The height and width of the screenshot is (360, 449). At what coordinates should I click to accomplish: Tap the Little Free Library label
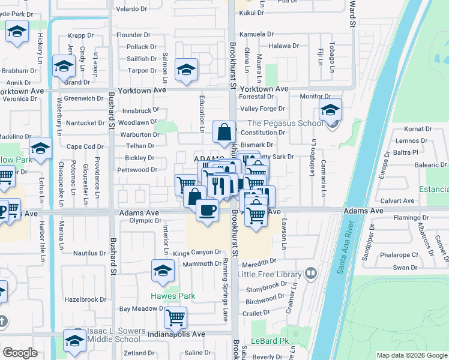(x=269, y=274)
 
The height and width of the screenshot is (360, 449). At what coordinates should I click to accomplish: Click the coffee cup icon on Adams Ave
(x=208, y=211)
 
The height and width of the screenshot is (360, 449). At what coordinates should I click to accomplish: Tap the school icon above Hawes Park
(x=163, y=271)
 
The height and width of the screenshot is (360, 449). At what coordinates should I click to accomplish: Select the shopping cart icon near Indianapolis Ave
(x=175, y=317)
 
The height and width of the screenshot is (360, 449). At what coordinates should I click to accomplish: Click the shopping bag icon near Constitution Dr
(x=224, y=131)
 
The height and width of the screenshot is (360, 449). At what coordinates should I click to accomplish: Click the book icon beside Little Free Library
(x=310, y=274)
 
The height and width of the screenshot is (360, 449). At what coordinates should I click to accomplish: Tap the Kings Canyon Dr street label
(x=197, y=253)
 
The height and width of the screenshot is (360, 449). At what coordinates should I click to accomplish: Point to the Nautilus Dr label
(x=89, y=253)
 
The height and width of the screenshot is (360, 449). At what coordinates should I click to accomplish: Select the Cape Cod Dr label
(x=85, y=146)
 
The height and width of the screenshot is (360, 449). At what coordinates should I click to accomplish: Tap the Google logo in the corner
(x=20, y=353)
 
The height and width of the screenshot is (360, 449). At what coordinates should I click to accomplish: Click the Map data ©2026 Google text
(x=411, y=355)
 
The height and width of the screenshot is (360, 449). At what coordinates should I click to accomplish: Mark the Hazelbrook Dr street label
(x=85, y=299)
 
